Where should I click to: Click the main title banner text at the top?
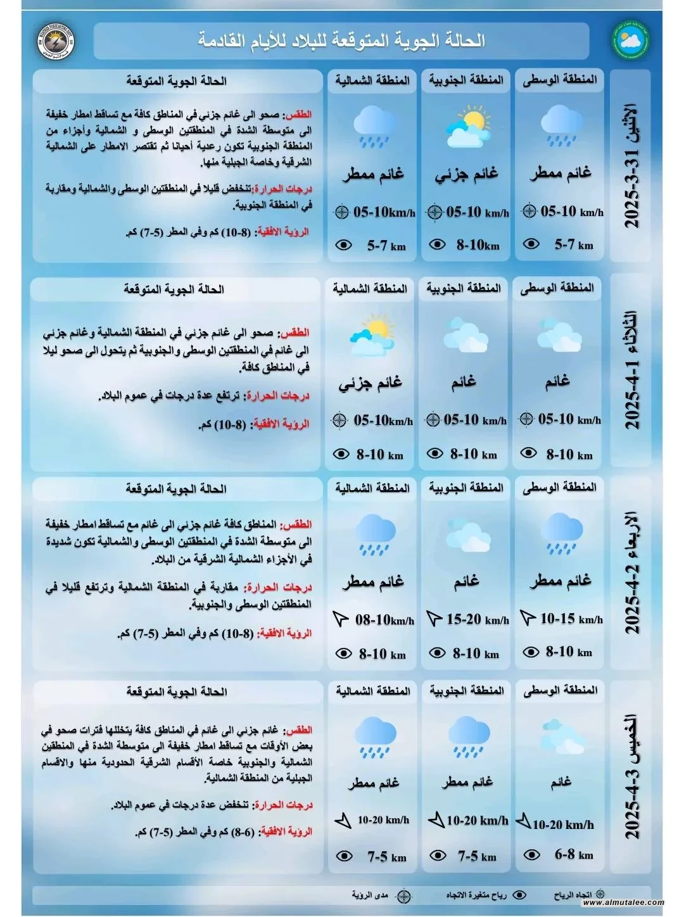pyautogui.click(x=341, y=41)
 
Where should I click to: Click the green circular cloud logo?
pyautogui.click(x=630, y=41)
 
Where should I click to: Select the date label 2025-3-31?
pyautogui.click(x=632, y=166)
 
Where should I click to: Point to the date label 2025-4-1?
pyautogui.click(x=632, y=370)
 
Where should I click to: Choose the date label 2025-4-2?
pyautogui.click(x=632, y=573)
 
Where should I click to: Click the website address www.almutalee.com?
pyautogui.click(x=623, y=902)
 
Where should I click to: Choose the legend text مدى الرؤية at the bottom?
pyautogui.click(x=370, y=895)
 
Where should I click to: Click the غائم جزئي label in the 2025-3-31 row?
pyautogui.click(x=467, y=174)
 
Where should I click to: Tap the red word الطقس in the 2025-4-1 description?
pyautogui.click(x=295, y=332)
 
